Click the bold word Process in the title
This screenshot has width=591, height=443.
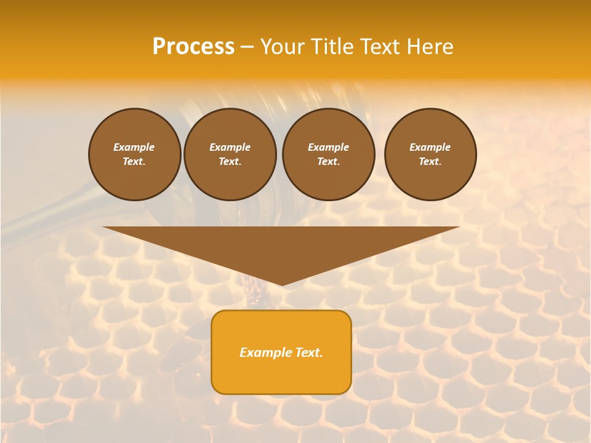[x=193, y=47]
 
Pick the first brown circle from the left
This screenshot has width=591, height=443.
[x=134, y=154]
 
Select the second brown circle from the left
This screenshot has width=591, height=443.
[x=230, y=154]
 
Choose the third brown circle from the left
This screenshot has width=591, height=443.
[x=328, y=154]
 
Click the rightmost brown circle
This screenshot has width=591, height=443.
[x=430, y=154]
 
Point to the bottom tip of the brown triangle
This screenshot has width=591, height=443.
[x=281, y=285]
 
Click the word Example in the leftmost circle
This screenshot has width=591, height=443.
[x=134, y=147]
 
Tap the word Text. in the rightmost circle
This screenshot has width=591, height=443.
[x=430, y=162]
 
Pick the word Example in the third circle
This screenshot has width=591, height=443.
[x=328, y=147]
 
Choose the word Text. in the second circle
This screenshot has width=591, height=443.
[x=230, y=162]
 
